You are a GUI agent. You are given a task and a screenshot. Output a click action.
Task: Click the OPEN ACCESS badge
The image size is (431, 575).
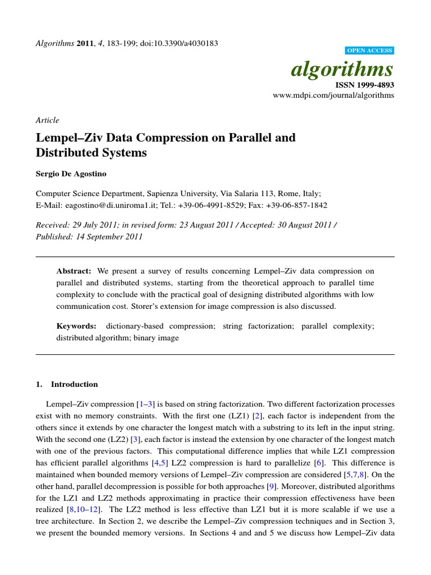[370, 51]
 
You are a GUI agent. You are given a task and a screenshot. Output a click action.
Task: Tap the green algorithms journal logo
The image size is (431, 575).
[342, 69]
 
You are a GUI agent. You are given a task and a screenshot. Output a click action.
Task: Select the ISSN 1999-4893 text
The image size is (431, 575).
[365, 85]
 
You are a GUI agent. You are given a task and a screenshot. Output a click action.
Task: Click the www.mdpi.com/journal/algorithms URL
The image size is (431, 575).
[333, 95]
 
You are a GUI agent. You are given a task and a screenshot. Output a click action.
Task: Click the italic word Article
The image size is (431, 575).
[47, 120]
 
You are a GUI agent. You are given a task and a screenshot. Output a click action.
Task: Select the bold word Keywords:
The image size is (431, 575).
[76, 326]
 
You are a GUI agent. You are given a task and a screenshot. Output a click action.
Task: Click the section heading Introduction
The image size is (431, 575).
[74, 385]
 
